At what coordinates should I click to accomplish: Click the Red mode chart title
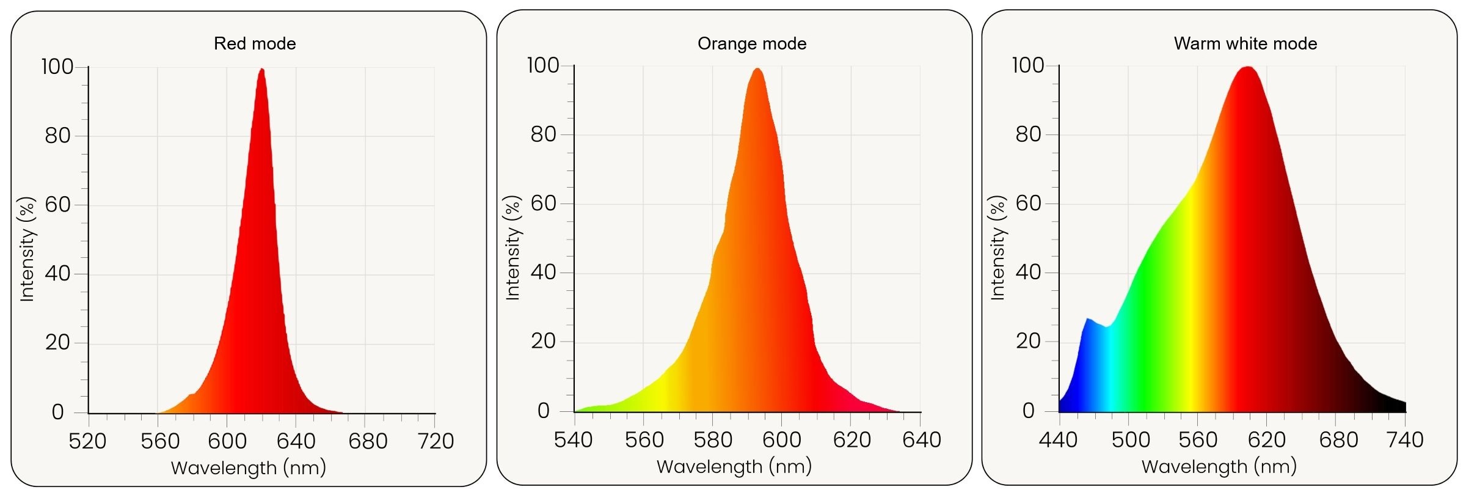[x=255, y=43]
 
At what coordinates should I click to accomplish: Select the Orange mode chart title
[x=752, y=43]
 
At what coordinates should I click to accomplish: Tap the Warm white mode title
[x=1245, y=43]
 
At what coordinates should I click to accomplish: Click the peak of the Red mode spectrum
[x=262, y=70]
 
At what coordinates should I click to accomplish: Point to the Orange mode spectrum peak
[x=757, y=69]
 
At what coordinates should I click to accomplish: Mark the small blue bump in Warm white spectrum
[x=1088, y=320]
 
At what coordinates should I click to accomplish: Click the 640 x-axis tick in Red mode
[x=296, y=441]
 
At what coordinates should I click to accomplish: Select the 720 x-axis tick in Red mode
[x=435, y=441]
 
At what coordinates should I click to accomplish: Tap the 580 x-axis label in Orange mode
[x=713, y=439]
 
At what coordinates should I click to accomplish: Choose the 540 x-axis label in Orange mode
[x=574, y=439]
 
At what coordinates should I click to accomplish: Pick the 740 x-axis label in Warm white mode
[x=1405, y=439]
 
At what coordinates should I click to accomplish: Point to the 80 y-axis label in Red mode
[x=58, y=136]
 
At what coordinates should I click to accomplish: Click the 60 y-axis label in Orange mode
[x=544, y=204]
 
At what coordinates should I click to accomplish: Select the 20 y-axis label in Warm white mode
[x=1029, y=341]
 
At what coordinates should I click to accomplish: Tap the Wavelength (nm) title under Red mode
[x=249, y=468]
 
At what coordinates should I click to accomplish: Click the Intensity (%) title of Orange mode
[x=513, y=248]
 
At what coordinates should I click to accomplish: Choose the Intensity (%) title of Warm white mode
[x=997, y=248]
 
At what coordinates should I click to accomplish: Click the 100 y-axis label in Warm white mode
[x=1028, y=65]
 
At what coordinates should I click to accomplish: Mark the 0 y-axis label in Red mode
[x=58, y=413]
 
